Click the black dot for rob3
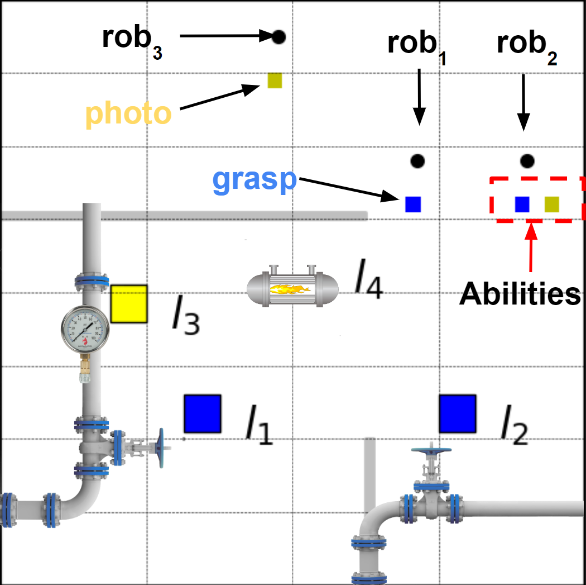279,37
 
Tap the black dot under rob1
417,161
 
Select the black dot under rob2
527,161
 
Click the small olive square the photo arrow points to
275,80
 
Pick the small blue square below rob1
413,204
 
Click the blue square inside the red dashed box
522,204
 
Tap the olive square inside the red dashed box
552,204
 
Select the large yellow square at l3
129,304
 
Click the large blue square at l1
203,413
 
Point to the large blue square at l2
457,413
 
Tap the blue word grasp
254,180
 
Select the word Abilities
520,294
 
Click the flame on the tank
290,289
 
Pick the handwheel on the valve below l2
430,450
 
